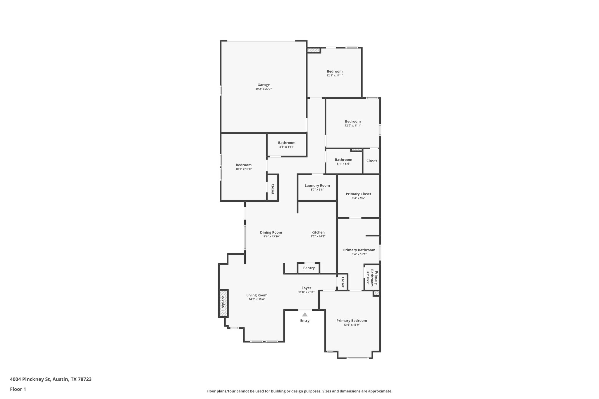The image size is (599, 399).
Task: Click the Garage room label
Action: click(x=264, y=85)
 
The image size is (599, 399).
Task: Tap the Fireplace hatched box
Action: click(x=223, y=303)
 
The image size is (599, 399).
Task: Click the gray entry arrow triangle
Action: click(x=305, y=315)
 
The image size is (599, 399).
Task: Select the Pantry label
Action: click(x=309, y=268)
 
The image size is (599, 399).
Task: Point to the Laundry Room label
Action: click(x=317, y=186)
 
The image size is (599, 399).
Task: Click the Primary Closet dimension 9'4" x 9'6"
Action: click(x=358, y=198)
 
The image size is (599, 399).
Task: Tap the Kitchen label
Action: click(x=318, y=232)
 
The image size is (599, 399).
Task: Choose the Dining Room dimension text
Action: click(x=271, y=236)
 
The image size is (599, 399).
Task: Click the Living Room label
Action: click(x=257, y=295)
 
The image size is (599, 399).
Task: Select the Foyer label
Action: click(x=306, y=288)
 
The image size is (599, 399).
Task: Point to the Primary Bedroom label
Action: click(x=352, y=321)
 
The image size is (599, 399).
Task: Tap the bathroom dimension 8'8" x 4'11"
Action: click(x=287, y=147)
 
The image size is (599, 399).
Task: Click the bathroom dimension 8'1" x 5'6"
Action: click(x=343, y=164)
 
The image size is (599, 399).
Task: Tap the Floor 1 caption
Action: click(x=18, y=389)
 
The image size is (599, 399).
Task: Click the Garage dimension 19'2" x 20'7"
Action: click(x=264, y=89)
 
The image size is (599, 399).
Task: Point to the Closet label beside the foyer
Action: click(x=342, y=282)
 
